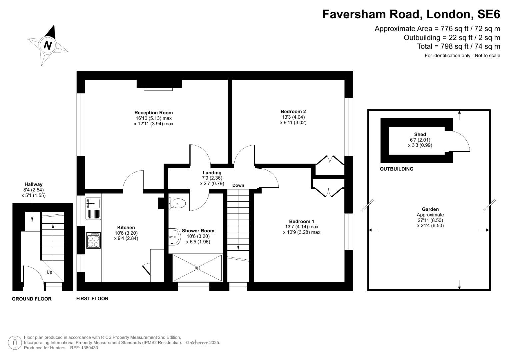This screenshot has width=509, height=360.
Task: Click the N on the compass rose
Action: pyautogui.click(x=48, y=45)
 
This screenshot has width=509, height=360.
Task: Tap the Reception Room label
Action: pyautogui.click(x=153, y=113)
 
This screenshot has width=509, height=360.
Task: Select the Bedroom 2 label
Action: pyautogui.click(x=293, y=112)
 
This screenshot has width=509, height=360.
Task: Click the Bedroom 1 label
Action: pyautogui.click(x=301, y=221)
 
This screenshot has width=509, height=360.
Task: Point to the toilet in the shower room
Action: pyautogui.click(x=177, y=203)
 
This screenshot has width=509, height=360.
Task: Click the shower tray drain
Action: pyautogui.click(x=197, y=268)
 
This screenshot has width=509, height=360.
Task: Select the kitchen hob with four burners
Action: pyautogui.click(x=94, y=240)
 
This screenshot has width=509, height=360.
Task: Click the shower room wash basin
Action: pyautogui.click(x=174, y=236)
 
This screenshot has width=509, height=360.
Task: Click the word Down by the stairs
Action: pyautogui.click(x=238, y=185)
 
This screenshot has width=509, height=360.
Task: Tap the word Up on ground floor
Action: pyautogui.click(x=49, y=272)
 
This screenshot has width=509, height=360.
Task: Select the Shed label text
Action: pyautogui.click(x=420, y=134)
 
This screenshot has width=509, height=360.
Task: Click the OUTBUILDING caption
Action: pyautogui.click(x=396, y=169)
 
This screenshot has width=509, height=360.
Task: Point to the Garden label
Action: pyautogui.click(x=430, y=209)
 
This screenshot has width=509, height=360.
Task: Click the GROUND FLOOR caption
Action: pyautogui.click(x=32, y=299)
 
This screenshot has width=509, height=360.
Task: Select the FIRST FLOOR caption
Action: pyautogui.click(x=92, y=299)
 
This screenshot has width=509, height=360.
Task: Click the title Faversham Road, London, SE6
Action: pyautogui.click(x=411, y=14)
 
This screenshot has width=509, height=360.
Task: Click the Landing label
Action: pyautogui.click(x=212, y=173)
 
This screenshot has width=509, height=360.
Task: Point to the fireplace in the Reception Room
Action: pyautogui.click(x=159, y=84)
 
